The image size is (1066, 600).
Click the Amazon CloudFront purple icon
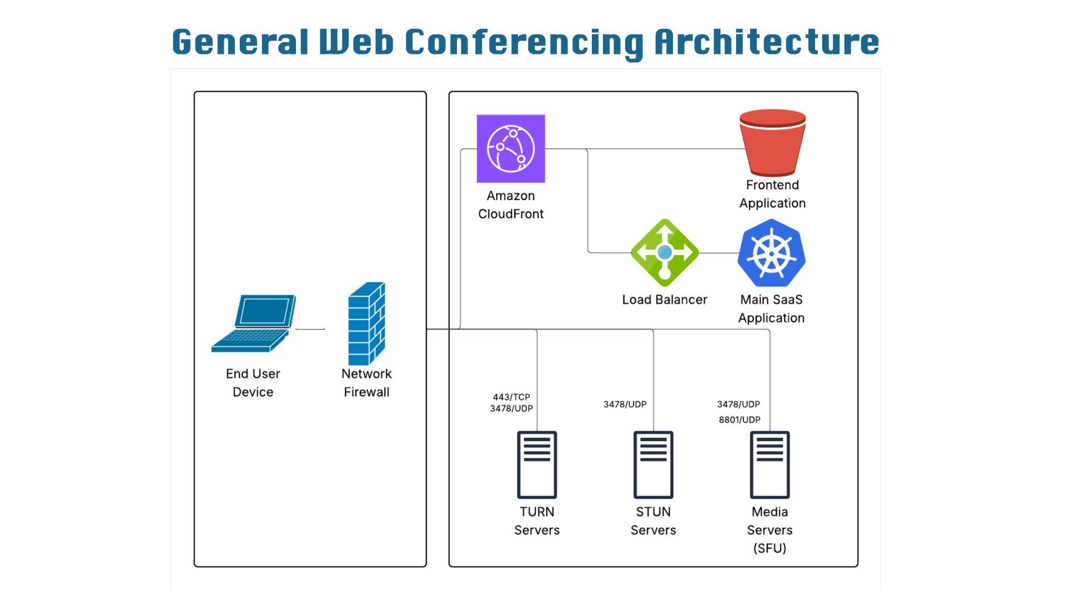511,148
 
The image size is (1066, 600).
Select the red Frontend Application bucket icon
772,142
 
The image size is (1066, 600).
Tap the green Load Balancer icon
665,253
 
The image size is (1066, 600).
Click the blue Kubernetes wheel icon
771,253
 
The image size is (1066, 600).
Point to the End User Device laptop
254,323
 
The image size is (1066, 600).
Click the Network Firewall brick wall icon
366,323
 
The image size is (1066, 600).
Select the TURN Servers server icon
537,464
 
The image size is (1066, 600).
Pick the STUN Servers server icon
653,464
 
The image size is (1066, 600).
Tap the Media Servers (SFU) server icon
770,464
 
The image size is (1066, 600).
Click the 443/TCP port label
511,397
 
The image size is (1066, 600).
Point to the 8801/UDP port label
740,419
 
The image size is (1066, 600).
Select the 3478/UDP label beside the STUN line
625,404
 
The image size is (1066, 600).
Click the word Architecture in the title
767,42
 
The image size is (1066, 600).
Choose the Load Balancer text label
665,299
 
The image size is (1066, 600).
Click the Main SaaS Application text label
771,308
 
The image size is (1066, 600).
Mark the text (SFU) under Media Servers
770,548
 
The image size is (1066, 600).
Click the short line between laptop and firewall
310,329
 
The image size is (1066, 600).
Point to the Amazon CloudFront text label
511,204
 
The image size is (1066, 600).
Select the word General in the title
240,42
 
